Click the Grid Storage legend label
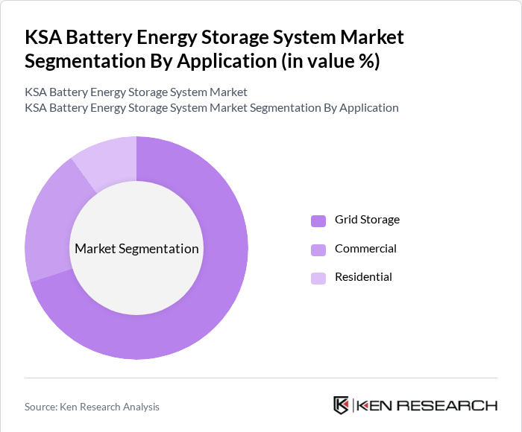pos(367,220)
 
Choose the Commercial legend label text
pos(365,249)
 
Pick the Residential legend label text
pos(363,277)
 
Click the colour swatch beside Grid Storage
pos(318,220)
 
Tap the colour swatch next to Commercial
pos(318,250)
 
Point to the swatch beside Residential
pos(318,278)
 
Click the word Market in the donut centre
pos(95,249)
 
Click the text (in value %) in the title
pos(329,61)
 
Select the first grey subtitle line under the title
pos(136,92)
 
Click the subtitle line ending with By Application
pos(211,107)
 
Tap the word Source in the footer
pos(41,407)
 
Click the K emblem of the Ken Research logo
pos(341,405)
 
